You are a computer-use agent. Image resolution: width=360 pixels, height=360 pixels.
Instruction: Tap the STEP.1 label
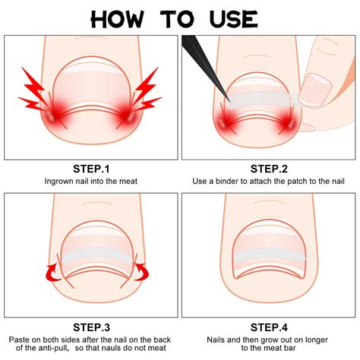coord(91,168)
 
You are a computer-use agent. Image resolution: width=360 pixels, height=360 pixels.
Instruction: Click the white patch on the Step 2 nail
coord(262,99)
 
